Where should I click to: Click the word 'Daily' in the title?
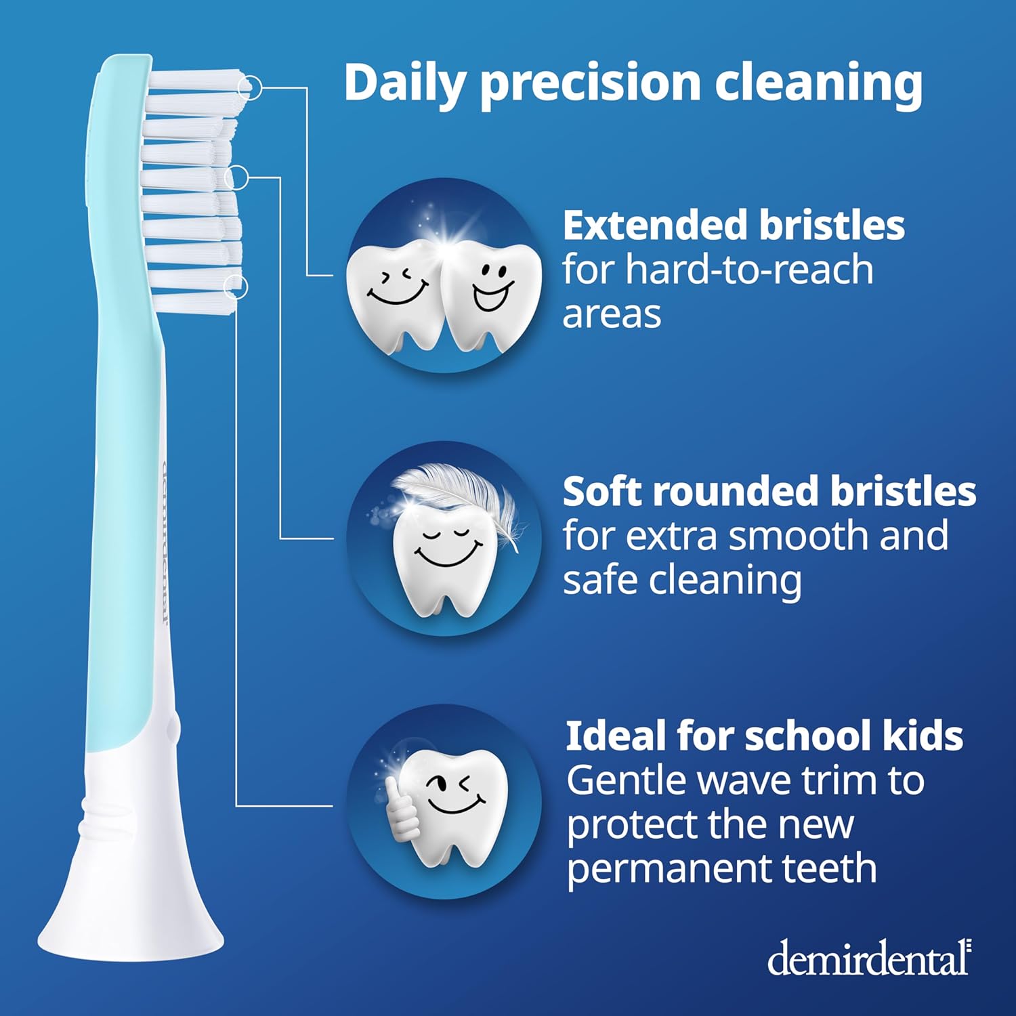[x=404, y=83]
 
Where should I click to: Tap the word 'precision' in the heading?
[x=589, y=83]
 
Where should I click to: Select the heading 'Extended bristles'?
[x=733, y=225]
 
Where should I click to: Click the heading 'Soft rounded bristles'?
[x=769, y=491]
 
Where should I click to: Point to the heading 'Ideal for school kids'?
[x=763, y=736]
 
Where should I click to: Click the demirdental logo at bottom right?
[x=869, y=958]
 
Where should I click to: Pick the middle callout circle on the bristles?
[x=237, y=177]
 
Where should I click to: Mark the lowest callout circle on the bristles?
[x=236, y=286]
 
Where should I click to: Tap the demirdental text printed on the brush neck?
[x=163, y=542]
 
